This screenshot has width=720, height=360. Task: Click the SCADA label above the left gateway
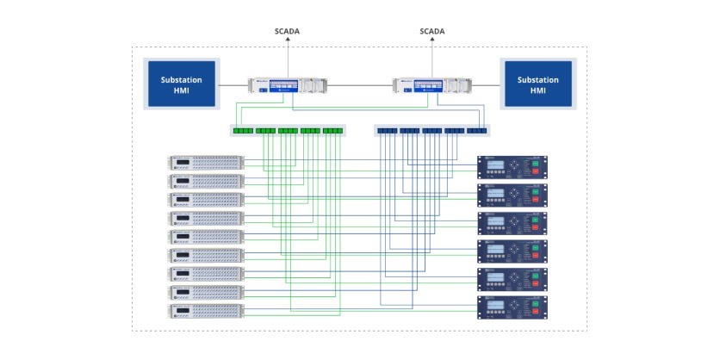pyautogui.click(x=287, y=31)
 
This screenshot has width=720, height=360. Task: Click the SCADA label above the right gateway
pyautogui.click(x=432, y=31)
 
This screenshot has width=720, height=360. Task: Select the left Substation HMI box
pyautogui.click(x=182, y=84)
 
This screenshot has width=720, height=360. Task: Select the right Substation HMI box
pyautogui.click(x=537, y=84)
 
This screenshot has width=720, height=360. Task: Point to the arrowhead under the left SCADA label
pyautogui.click(x=287, y=41)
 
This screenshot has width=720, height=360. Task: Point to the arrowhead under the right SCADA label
pyautogui.click(x=432, y=41)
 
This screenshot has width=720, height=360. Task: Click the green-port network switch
pyautogui.click(x=288, y=131)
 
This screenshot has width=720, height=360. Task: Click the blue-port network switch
pyautogui.click(x=431, y=131)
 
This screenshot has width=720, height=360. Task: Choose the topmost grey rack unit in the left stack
pyautogui.click(x=207, y=162)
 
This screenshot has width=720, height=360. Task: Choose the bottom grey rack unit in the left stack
pyautogui.click(x=207, y=311)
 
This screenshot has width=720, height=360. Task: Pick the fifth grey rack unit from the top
pyautogui.click(x=207, y=237)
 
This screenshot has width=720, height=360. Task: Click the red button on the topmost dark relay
pyautogui.click(x=535, y=172)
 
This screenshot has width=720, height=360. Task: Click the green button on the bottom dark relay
pyautogui.click(x=535, y=302)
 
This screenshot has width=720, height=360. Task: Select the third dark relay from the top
pyautogui.click(x=512, y=223)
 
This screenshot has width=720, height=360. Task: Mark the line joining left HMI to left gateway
pyautogui.click(x=233, y=85)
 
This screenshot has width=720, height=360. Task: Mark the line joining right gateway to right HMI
pyautogui.click(x=486, y=85)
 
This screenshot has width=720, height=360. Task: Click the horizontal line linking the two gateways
pyautogui.click(x=360, y=85)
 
